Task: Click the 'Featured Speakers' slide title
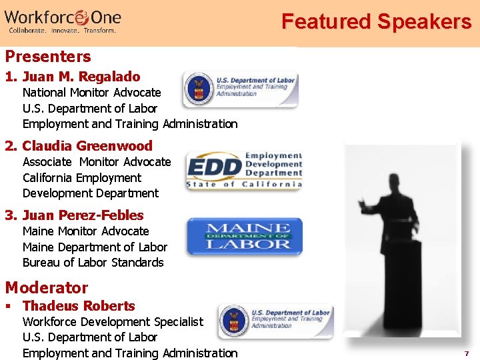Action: point(376,21)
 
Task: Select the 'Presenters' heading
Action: point(48,56)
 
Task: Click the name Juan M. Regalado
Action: point(81,77)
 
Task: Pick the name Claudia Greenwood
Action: point(87,146)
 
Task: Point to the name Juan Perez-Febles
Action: point(83,215)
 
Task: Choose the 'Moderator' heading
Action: point(47,288)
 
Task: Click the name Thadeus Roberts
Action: point(79,306)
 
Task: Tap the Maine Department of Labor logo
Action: point(244,237)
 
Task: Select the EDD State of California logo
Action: point(244,171)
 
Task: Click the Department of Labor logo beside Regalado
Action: point(240,90)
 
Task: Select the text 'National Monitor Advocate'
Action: point(92,93)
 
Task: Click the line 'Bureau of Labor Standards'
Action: point(93,263)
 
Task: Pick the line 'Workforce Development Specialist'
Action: point(113,322)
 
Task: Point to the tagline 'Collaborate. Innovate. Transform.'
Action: point(62,31)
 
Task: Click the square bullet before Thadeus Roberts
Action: point(8,307)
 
